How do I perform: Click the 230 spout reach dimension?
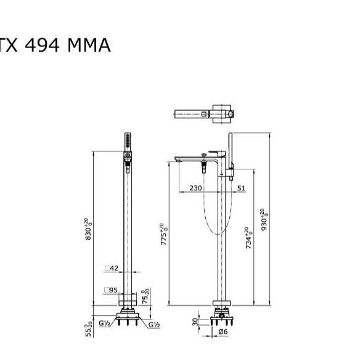pyautogui.click(x=195, y=189)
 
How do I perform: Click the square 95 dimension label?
pyautogui.click(x=111, y=290)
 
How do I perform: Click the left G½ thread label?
pyautogui.click(x=104, y=323)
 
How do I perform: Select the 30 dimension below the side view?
pyautogui.click(x=195, y=322)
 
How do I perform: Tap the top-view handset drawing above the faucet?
pyautogui.click(x=205, y=113)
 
